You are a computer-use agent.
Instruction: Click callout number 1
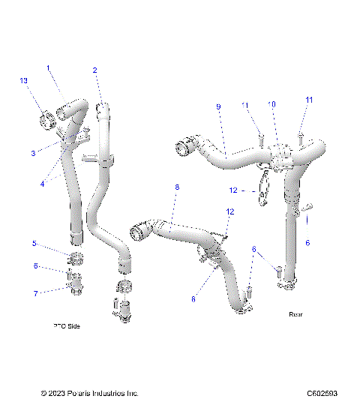point(49,68)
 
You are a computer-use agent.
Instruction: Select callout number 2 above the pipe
point(95,70)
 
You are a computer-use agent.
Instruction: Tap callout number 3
point(33,153)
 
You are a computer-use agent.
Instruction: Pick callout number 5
point(34,244)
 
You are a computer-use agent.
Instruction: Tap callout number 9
point(218,107)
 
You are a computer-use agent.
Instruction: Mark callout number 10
point(272,104)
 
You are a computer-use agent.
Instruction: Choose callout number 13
point(23,81)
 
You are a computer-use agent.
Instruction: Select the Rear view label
point(295,314)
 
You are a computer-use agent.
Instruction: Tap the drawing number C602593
point(322,393)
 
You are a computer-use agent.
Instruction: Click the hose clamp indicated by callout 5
point(76,260)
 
